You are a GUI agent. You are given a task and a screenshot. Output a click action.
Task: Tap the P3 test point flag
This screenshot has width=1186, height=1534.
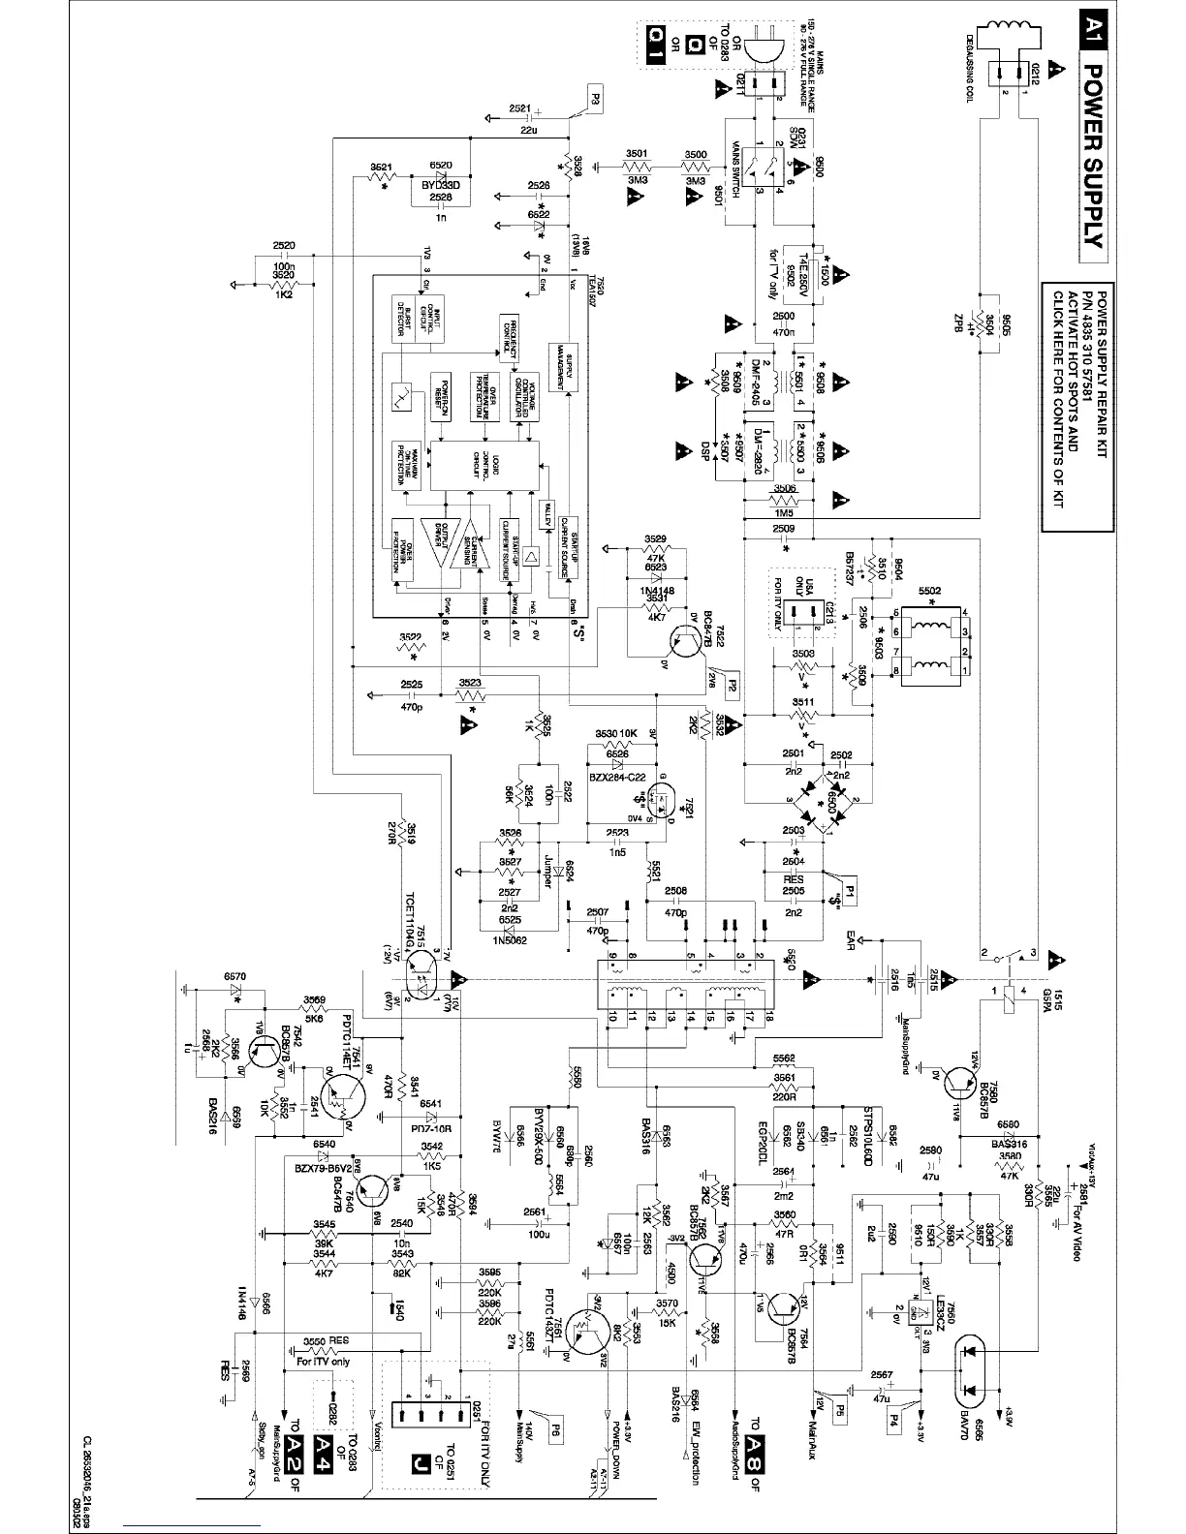coord(593,96)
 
